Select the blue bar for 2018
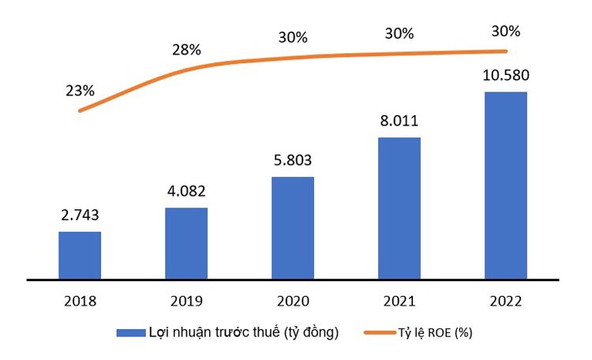[80, 255]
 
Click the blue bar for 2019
[186, 243]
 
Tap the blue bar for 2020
[293, 227]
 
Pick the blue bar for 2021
[399, 208]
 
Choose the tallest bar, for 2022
[506, 186]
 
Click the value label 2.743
[80, 216]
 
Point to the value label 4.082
[186, 191]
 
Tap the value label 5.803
[293, 160]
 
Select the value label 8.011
[399, 121]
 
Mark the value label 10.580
[506, 76]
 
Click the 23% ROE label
[80, 90]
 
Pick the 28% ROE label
[186, 50]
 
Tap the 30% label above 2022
[506, 32]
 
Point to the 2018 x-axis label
[80, 302]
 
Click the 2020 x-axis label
[293, 302]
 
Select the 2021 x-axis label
[399, 302]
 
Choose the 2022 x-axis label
[506, 302]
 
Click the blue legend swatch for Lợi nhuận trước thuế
[130, 333]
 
